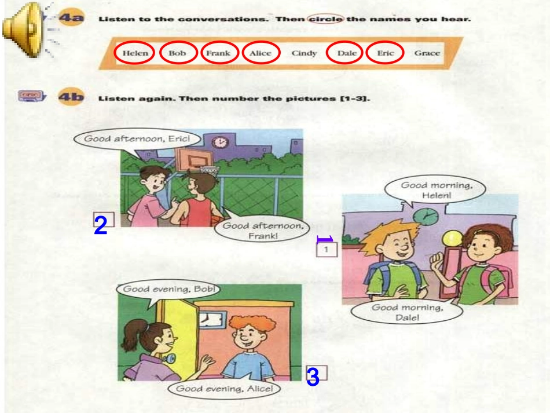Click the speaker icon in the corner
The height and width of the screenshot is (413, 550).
(22, 30)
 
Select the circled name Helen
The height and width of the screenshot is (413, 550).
(135, 53)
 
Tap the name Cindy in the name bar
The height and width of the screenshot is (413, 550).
(304, 53)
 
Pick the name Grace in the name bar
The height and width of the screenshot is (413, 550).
(427, 53)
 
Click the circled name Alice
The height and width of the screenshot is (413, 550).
(261, 53)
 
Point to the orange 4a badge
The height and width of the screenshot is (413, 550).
(72, 18)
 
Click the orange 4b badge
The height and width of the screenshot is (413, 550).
(71, 97)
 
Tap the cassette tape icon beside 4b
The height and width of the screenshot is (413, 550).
(32, 96)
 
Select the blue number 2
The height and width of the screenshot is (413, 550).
(100, 225)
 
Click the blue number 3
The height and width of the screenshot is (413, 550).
(313, 377)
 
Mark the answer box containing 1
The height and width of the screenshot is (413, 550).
(327, 250)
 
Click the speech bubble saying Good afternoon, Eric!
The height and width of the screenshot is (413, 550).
(137, 139)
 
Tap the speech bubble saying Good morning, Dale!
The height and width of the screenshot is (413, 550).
(407, 312)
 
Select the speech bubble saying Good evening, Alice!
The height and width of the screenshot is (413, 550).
(224, 389)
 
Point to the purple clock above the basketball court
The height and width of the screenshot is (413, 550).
(220, 142)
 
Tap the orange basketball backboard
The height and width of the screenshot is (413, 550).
(193, 160)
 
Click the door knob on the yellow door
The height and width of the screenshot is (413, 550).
(170, 359)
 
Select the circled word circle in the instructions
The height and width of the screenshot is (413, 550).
(325, 19)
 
